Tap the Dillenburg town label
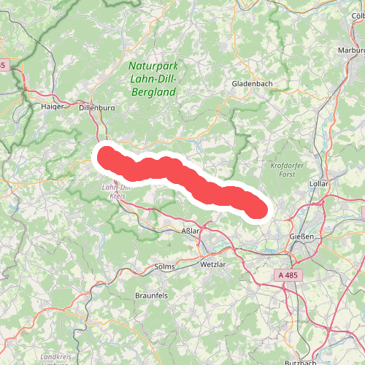[x=96, y=107]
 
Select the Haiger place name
[x=53, y=106]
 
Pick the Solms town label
[x=165, y=267]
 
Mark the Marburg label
[x=351, y=50]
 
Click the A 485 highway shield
[x=289, y=274]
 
